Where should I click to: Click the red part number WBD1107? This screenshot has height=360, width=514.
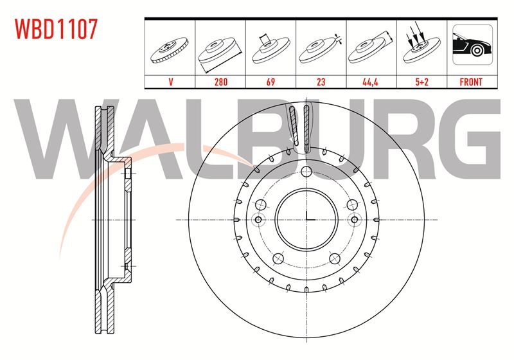coord(56,29)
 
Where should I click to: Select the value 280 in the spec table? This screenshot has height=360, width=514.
coord(220,82)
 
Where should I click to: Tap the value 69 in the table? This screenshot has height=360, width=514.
coord(270,82)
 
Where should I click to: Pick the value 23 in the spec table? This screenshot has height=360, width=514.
coord(321,82)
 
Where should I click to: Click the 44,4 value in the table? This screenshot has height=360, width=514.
coord(371,82)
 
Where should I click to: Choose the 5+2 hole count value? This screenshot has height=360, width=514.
coord(421,82)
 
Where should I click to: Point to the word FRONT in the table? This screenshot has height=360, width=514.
coord(471,82)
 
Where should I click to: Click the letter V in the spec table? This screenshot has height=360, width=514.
coord(170,82)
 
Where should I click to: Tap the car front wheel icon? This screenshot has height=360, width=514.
coord(472,44)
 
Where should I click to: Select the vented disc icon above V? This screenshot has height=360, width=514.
coord(170,50)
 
